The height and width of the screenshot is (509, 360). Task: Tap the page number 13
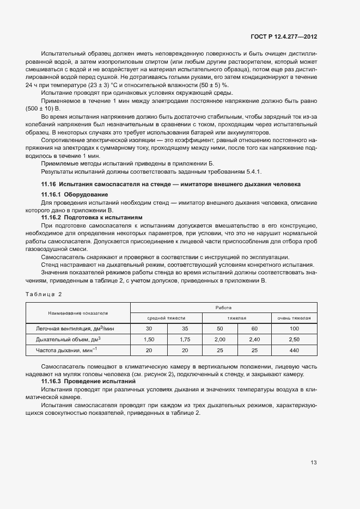point(313,463)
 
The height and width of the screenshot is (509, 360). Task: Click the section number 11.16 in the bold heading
point(49,184)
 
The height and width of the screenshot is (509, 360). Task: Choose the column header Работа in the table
point(223,308)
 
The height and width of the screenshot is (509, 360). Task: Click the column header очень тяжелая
point(294,318)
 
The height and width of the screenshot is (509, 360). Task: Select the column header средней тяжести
point(167,318)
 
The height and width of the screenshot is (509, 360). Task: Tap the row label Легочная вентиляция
point(75,329)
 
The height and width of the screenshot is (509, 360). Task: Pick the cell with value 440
point(294,350)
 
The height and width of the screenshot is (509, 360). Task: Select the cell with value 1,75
point(185,339)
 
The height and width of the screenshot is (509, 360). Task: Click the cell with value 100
point(294,329)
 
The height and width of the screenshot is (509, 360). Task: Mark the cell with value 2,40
point(254,339)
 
